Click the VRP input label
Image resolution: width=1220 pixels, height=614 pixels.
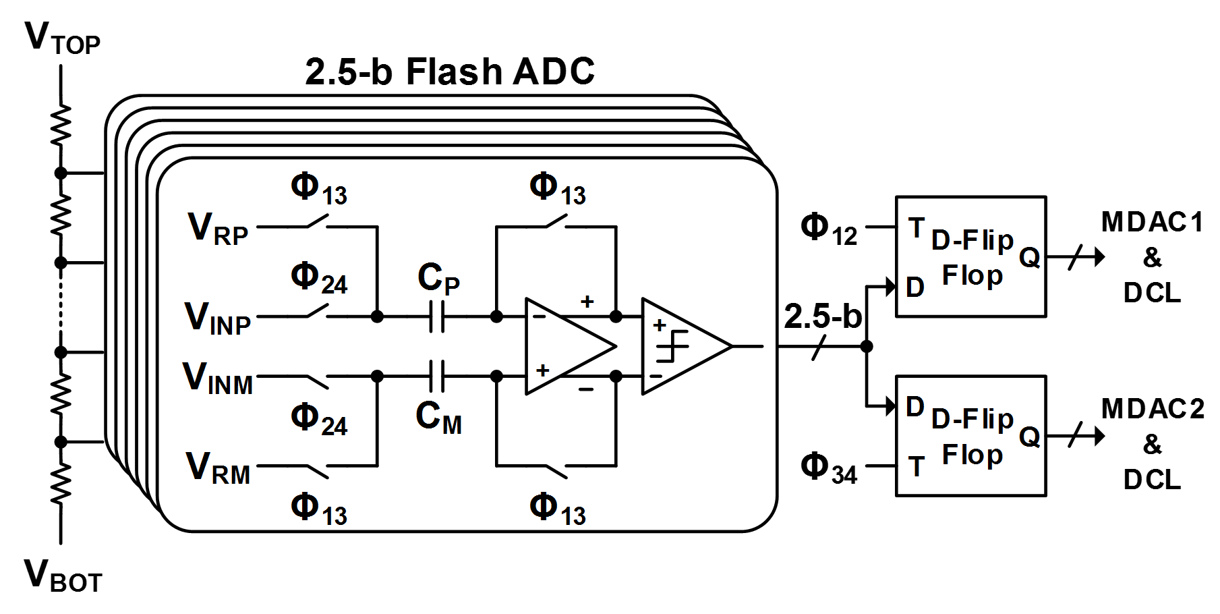(218, 228)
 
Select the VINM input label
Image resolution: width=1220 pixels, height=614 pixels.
(217, 378)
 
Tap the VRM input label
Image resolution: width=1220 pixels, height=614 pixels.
(217, 468)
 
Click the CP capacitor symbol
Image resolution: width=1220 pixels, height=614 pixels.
(437, 316)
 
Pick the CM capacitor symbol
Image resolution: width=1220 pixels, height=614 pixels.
(437, 376)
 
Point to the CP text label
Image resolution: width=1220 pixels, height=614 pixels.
(438, 278)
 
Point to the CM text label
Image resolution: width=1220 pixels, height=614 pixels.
(438, 417)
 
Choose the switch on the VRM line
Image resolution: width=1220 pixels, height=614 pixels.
(318, 471)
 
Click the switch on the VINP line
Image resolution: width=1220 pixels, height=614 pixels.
(318, 312)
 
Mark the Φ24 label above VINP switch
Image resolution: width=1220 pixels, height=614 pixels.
(319, 279)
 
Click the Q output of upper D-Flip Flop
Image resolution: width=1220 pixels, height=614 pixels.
(1029, 256)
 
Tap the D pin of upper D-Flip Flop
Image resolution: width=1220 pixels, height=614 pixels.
(915, 287)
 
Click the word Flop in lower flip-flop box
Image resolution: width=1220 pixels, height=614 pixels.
(972, 455)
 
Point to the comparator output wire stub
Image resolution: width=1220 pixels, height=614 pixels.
(747, 346)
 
